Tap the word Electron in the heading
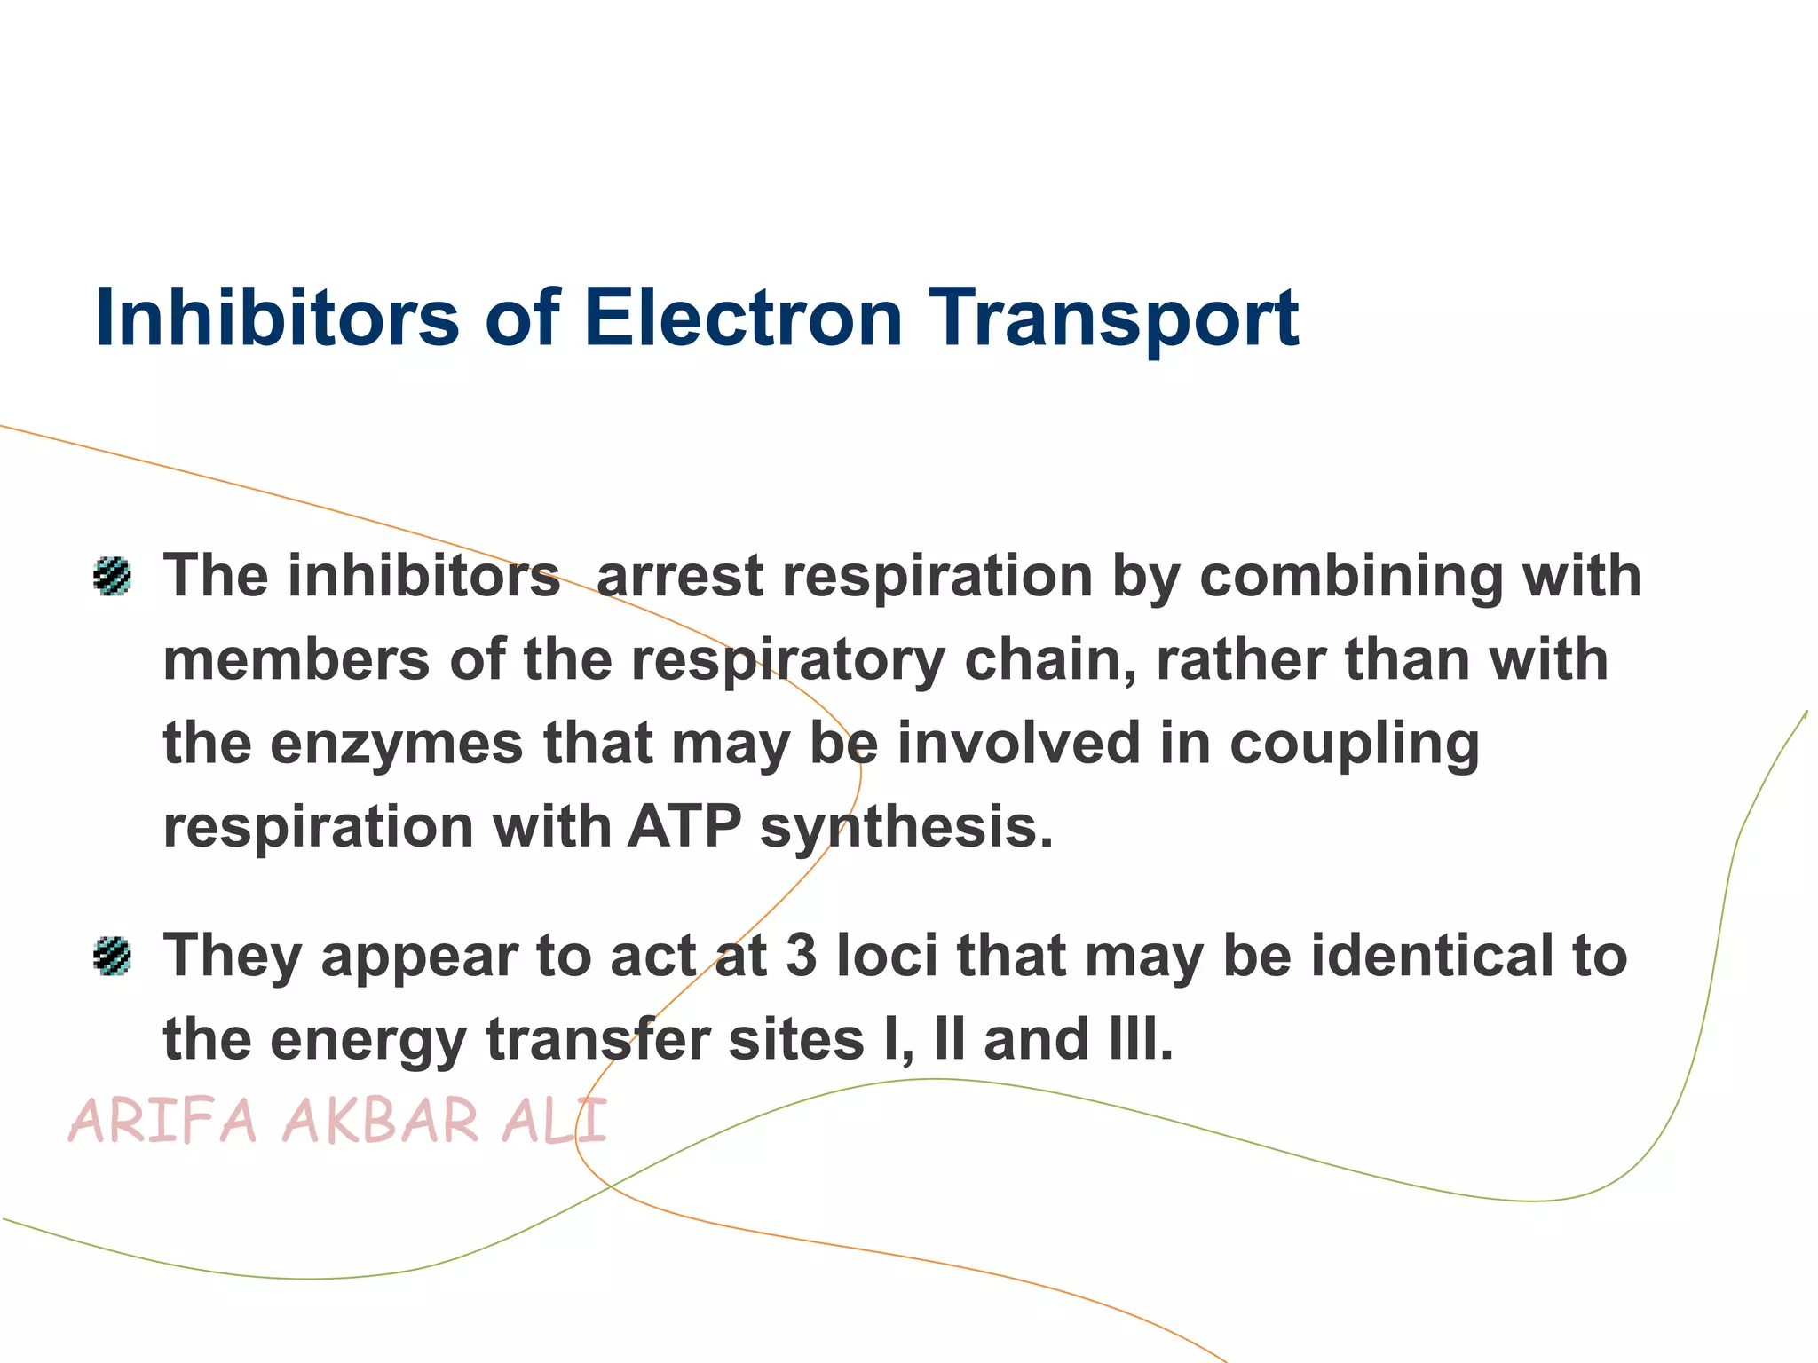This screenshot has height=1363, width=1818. pos(742,318)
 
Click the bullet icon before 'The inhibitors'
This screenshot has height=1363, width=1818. pos(113,577)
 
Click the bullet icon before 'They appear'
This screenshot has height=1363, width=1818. pos(113,957)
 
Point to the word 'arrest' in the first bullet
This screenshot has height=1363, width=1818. pos(679,577)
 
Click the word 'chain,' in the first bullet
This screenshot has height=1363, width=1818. pos(1050,660)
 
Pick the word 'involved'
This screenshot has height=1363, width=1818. pos(1019,744)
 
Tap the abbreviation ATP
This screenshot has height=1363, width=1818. pos(684,827)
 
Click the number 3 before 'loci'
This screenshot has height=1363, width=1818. pos(802,957)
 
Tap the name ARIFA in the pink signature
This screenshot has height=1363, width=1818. pos(163,1121)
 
